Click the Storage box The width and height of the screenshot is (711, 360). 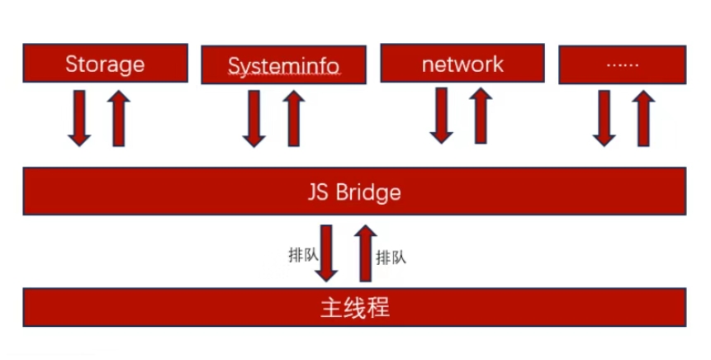(x=105, y=64)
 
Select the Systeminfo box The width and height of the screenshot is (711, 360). (x=284, y=64)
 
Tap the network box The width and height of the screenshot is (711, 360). (x=462, y=64)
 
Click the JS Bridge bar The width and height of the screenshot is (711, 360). (x=354, y=192)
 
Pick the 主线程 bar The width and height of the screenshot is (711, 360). (x=354, y=308)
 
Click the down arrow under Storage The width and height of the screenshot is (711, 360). (x=79, y=117)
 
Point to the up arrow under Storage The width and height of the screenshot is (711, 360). (x=119, y=117)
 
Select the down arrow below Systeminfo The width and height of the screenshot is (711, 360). (x=254, y=118)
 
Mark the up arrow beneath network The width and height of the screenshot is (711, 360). (x=481, y=115)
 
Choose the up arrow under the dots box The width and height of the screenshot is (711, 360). (x=645, y=118)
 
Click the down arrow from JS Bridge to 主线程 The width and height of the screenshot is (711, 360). (x=329, y=252)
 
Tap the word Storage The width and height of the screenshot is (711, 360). (x=105, y=64)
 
